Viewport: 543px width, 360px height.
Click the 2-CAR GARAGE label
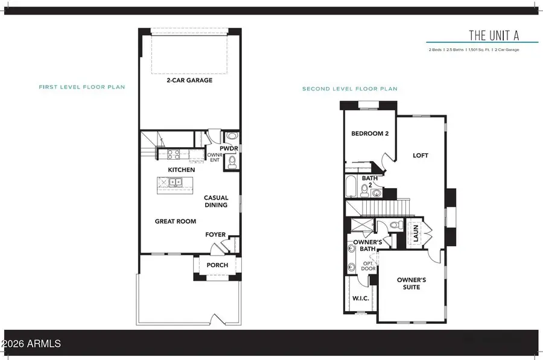(x=190, y=80)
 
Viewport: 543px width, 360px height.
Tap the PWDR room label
(x=227, y=148)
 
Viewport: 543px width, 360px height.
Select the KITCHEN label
(x=181, y=170)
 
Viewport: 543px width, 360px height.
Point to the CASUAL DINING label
(x=215, y=201)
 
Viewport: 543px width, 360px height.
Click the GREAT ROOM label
(x=176, y=221)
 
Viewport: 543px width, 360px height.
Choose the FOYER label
(x=215, y=235)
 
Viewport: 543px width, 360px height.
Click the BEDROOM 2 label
(x=370, y=134)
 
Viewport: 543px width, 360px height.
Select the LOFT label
(x=420, y=156)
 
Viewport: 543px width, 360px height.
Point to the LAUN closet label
(x=415, y=233)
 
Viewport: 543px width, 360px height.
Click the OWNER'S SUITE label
(x=411, y=283)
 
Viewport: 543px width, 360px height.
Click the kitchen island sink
(x=174, y=181)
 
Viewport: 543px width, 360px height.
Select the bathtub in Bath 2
(x=352, y=187)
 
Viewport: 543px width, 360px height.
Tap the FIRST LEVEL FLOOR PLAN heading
(x=81, y=87)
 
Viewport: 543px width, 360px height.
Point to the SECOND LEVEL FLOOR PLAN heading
(x=350, y=89)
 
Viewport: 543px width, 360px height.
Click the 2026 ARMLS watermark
(x=31, y=344)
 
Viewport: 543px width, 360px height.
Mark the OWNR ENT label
(x=214, y=156)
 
